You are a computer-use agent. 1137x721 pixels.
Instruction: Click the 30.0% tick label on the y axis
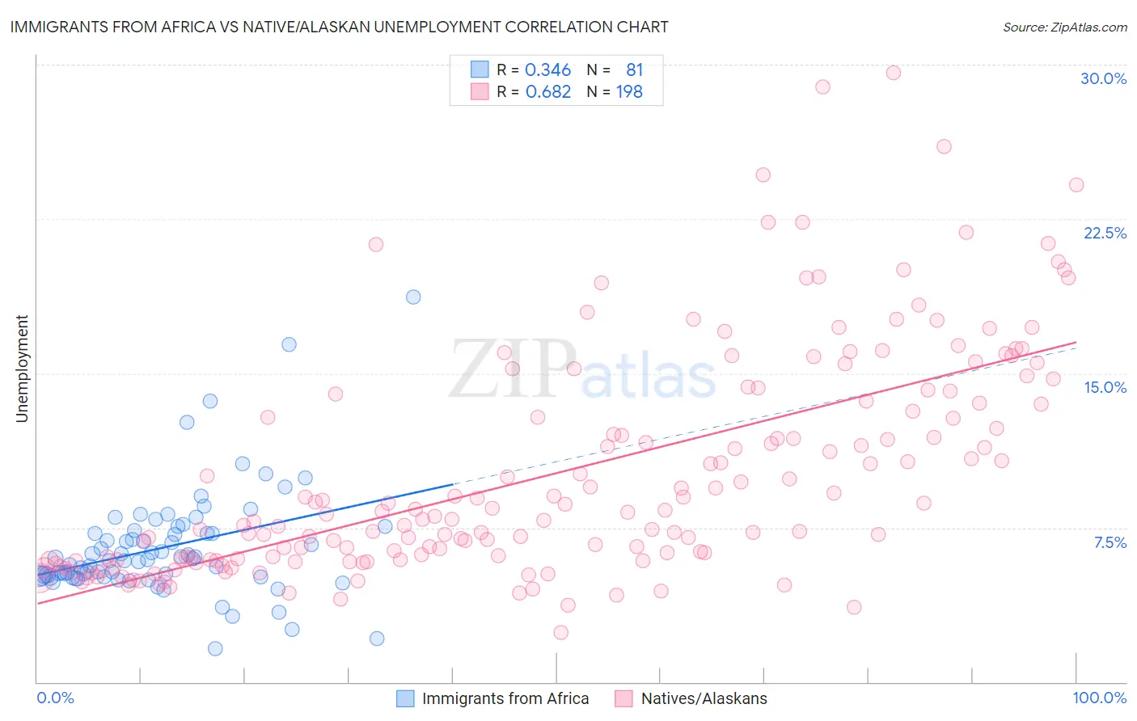1103,78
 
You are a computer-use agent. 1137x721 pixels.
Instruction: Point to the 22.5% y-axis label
1105,233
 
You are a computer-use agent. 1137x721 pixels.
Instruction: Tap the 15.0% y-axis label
1105,387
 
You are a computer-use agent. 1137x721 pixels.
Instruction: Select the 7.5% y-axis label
1110,542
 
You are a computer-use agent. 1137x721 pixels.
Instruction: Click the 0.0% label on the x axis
55,698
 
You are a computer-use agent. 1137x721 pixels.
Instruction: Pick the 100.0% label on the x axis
1099,698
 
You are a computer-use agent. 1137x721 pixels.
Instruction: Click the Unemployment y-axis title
22,369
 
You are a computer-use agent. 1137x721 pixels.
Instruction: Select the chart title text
339,27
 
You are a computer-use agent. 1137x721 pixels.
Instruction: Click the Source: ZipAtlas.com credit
1064,27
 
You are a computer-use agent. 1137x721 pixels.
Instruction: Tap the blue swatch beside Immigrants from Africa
405,698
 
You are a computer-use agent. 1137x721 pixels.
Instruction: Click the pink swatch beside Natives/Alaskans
623,698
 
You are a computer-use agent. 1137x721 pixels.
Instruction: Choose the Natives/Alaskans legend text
704,698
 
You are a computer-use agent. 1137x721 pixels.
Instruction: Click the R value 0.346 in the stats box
547,70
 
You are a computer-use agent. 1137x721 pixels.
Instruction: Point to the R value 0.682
547,92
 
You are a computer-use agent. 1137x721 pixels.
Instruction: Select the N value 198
629,92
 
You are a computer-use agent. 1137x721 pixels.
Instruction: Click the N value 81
634,70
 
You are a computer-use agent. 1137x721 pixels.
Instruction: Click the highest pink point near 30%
893,73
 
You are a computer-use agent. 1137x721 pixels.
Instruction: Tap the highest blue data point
413,297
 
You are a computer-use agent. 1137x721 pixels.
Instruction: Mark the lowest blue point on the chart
215,648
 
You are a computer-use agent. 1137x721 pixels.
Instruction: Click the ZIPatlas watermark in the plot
582,370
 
